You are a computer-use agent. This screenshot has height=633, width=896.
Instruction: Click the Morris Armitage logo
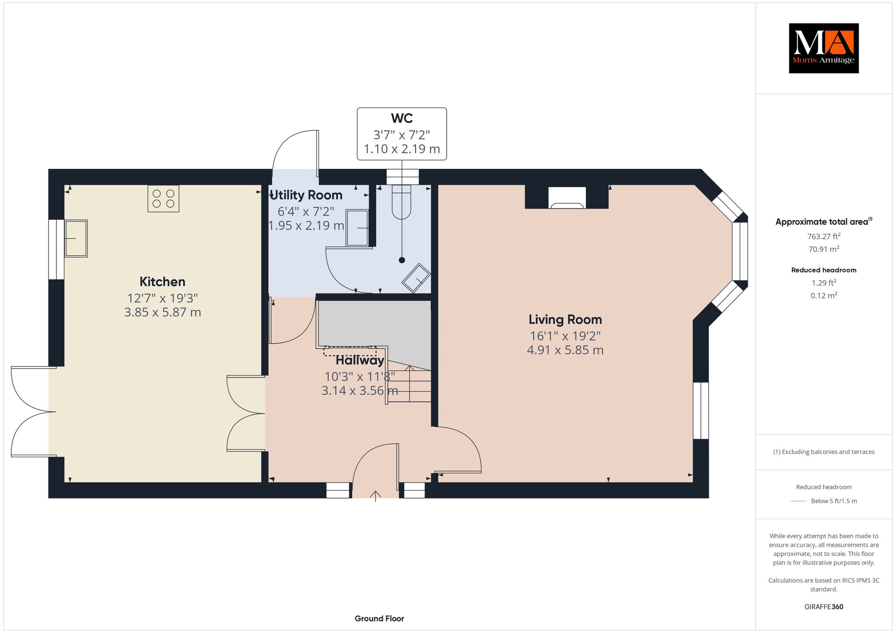pyautogui.click(x=823, y=48)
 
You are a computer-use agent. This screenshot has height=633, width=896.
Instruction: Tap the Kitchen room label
pyautogui.click(x=162, y=282)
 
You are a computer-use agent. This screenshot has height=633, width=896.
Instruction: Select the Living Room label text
pyautogui.click(x=565, y=320)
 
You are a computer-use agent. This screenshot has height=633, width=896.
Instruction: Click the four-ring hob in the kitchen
pyautogui.click(x=163, y=198)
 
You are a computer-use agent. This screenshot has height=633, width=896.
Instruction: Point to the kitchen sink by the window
pyautogui.click(x=76, y=238)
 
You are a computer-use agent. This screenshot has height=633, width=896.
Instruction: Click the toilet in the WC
pyautogui.click(x=402, y=202)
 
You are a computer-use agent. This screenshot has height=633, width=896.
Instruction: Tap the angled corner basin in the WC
pyautogui.click(x=416, y=278)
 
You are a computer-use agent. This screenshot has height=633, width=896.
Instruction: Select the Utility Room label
pyautogui.click(x=306, y=195)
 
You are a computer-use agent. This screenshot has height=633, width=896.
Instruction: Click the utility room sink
pyautogui.click(x=357, y=228)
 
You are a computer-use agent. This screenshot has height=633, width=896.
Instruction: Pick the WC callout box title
pyautogui.click(x=402, y=118)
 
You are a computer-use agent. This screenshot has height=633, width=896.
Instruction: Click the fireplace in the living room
pyautogui.click(x=567, y=197)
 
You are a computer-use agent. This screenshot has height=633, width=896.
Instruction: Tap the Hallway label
pyautogui.click(x=360, y=361)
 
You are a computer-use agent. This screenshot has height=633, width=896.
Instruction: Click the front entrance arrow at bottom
pyautogui.click(x=375, y=496)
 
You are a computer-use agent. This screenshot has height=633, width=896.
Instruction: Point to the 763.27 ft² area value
pyautogui.click(x=824, y=237)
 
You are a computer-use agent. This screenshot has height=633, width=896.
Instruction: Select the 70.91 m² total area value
pyautogui.click(x=824, y=249)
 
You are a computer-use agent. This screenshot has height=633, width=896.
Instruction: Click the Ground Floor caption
pyautogui.click(x=379, y=619)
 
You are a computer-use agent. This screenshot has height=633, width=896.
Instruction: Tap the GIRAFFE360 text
pyautogui.click(x=824, y=607)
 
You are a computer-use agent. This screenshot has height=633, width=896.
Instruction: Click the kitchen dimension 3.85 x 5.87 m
pyautogui.click(x=163, y=312)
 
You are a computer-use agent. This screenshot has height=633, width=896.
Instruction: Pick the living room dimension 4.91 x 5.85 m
pyautogui.click(x=565, y=350)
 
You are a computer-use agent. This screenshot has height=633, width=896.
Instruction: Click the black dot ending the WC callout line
pyautogui.click(x=402, y=260)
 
